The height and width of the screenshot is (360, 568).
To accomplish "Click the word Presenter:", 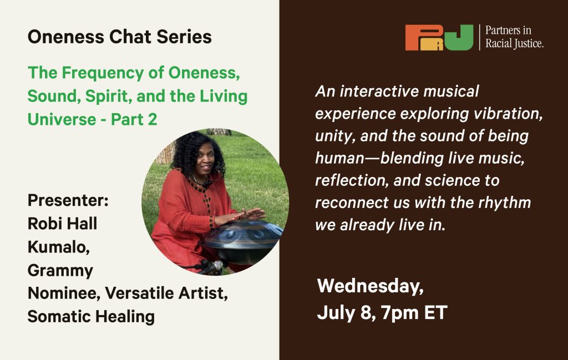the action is [68, 200].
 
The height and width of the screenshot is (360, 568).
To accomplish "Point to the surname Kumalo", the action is [59, 247].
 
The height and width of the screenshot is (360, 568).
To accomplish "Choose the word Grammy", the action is [60, 271].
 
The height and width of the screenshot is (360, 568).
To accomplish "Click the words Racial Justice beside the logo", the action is [514, 44].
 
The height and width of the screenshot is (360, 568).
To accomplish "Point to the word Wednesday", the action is [370, 286].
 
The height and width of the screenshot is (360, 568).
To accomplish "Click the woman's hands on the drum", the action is [240, 216].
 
